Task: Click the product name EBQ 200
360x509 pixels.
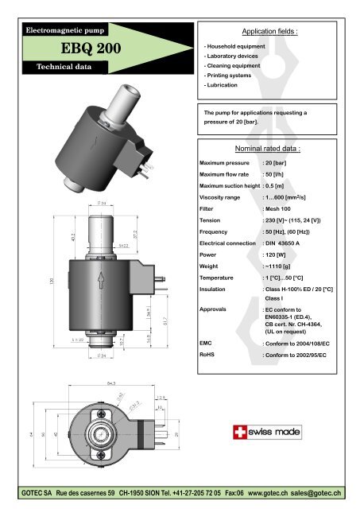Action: (x=73, y=49)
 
